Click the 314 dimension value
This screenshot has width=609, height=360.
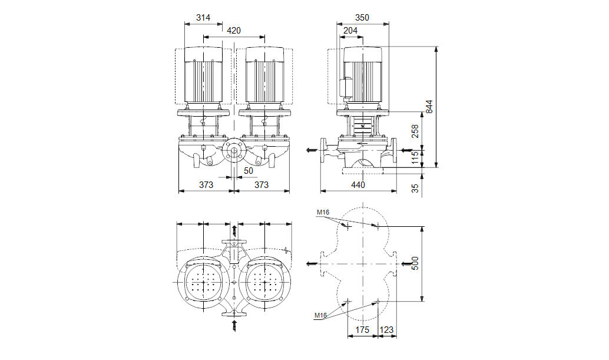(203, 18)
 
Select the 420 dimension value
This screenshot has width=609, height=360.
(233, 31)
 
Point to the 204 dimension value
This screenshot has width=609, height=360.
(350, 31)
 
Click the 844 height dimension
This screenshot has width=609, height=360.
(429, 107)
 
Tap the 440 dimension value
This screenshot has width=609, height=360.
(358, 185)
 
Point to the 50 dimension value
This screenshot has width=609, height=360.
(248, 170)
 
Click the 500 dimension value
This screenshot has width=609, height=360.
(415, 263)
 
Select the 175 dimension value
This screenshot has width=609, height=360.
(362, 331)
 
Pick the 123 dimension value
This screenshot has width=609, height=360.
(387, 331)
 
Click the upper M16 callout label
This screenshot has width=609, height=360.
(322, 212)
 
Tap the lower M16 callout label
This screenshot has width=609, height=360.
(320, 316)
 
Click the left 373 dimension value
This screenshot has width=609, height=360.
(206, 185)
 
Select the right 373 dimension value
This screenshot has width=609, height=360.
(261, 185)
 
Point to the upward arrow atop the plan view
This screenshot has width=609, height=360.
(235, 230)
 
